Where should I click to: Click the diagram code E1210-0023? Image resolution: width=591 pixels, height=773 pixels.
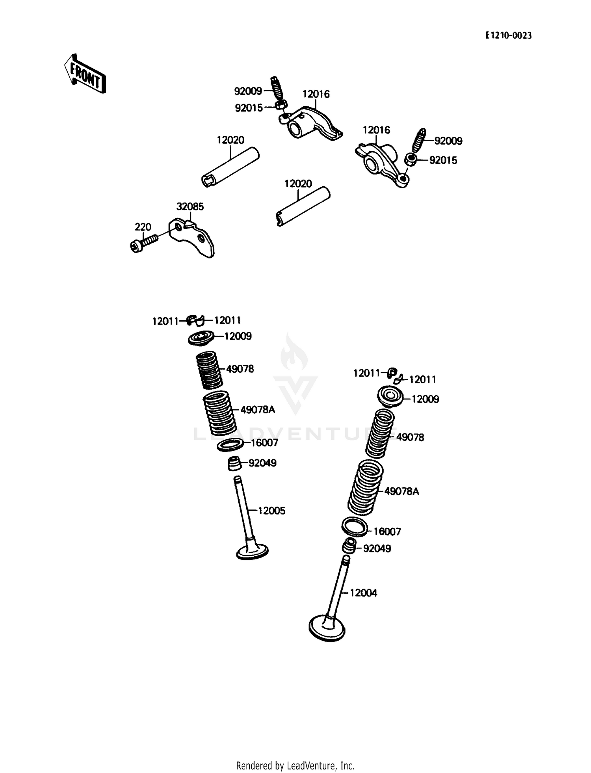click(x=508, y=36)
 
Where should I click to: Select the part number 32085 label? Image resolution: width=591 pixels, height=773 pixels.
click(x=190, y=207)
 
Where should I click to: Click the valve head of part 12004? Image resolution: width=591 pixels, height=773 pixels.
click(x=327, y=629)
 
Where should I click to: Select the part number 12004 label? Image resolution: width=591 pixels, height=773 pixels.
click(x=363, y=593)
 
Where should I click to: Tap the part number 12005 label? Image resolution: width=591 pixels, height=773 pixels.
click(x=271, y=511)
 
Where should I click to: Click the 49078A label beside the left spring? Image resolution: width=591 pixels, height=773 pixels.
click(x=258, y=410)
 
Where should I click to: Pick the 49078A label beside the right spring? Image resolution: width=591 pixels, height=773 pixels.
click(x=401, y=491)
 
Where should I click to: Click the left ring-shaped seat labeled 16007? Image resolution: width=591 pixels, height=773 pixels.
click(x=230, y=445)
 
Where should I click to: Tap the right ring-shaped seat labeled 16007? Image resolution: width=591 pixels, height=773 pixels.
click(x=354, y=528)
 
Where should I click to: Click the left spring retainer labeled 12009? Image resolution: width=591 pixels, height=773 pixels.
click(x=201, y=338)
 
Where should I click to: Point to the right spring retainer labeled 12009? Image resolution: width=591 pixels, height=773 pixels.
click(x=390, y=396)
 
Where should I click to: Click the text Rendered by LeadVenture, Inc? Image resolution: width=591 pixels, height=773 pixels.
click(x=295, y=766)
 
